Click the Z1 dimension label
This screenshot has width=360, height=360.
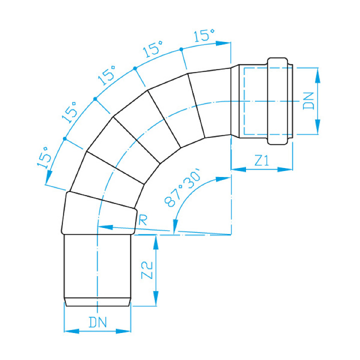[261, 160]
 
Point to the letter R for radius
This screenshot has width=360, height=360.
[142, 220]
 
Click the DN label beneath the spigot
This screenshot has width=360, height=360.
[97, 322]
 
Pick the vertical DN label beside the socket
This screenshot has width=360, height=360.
[308, 101]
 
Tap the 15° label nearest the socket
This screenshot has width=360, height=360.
[204, 35]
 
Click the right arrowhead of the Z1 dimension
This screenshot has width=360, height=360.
[285, 169]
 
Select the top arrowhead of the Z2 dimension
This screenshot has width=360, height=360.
[156, 242]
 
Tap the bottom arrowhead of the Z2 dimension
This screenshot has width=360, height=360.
[156, 298]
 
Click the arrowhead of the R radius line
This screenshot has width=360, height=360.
[105, 227]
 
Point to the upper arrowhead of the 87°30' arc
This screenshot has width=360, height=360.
[223, 179]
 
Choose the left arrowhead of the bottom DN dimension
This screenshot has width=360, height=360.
[71, 331]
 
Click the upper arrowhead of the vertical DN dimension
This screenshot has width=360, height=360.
[317, 75]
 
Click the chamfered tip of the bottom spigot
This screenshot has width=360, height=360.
[97, 302]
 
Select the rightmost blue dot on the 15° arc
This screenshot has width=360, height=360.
[181, 49]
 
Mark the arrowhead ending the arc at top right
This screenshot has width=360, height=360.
[223, 43]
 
